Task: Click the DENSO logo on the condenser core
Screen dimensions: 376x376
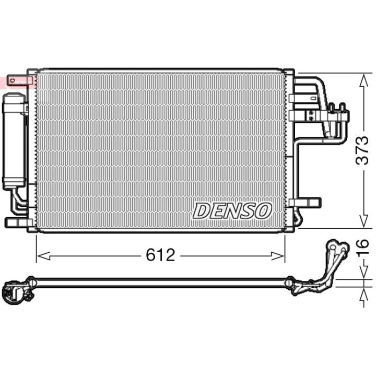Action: pyautogui.click(x=232, y=211)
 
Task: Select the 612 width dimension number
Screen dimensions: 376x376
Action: pyautogui.click(x=161, y=255)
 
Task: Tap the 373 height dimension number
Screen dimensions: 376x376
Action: pyautogui.click(x=362, y=150)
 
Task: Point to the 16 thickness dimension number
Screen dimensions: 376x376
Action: pyautogui.click(x=362, y=247)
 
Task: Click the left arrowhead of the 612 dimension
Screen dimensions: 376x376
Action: pyautogui.click(x=44, y=256)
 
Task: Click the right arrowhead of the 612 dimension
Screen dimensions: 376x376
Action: pyautogui.click(x=277, y=256)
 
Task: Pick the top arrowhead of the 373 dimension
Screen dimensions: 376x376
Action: pyautogui.click(x=364, y=80)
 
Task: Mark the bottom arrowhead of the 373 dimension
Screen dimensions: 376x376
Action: pyautogui.click(x=364, y=221)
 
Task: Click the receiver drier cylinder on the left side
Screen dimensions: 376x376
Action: pyautogui.click(x=14, y=141)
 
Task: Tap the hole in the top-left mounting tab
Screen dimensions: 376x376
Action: pyautogui.click(x=13, y=80)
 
